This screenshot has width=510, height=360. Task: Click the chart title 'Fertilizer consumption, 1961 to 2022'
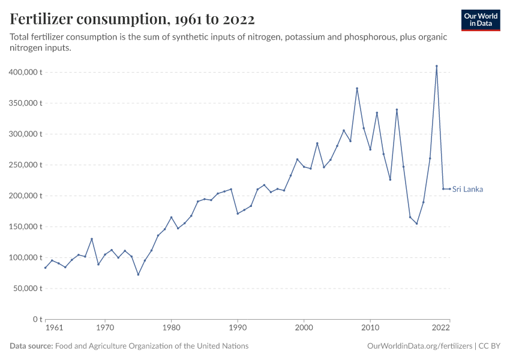(132, 19)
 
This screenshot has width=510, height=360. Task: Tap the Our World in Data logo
(481, 20)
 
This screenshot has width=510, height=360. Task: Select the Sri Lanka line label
(467, 190)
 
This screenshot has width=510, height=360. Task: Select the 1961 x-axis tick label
(55, 329)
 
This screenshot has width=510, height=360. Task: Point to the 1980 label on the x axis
(171, 329)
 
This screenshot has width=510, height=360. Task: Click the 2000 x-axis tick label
(304, 329)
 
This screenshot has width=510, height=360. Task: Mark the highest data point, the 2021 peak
(437, 66)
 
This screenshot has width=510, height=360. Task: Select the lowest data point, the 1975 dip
(138, 275)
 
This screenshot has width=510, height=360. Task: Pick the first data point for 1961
(46, 268)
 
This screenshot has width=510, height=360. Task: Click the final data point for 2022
(449, 189)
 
